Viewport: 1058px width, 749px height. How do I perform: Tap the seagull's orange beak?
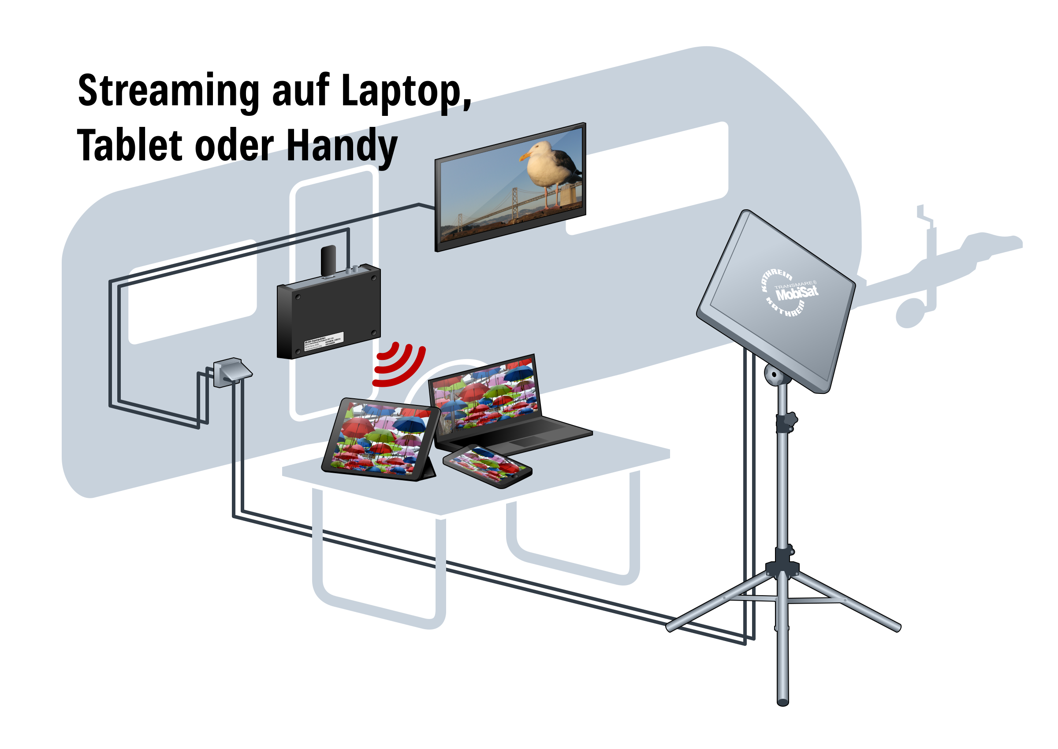coord(525,157)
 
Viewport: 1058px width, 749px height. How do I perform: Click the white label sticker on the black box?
coord(324,339)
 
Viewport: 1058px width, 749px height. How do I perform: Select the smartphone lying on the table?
coord(487,466)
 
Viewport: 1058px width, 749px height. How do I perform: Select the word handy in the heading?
coord(342,148)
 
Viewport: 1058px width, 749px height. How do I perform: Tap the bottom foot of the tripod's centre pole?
coord(782,701)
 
